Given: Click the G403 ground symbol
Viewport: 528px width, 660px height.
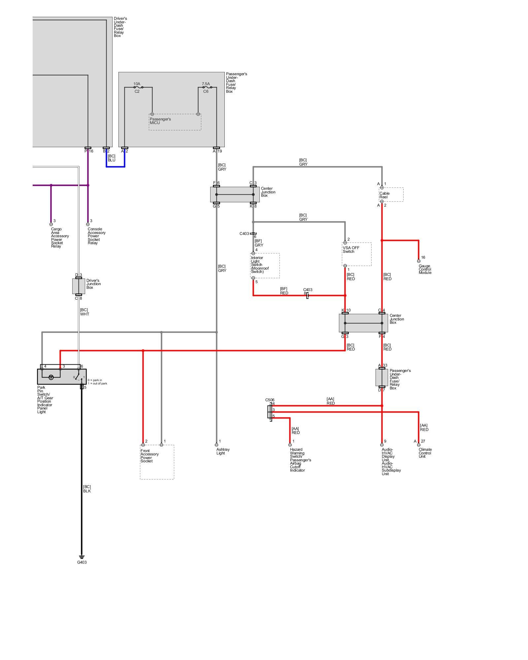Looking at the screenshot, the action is click(x=82, y=557).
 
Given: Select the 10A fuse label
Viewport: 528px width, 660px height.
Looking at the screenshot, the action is click(x=137, y=84).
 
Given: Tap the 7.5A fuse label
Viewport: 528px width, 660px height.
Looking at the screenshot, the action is click(x=206, y=84).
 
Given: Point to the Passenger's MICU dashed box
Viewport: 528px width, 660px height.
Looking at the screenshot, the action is click(x=175, y=122).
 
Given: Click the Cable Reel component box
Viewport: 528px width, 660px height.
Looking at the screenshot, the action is click(x=391, y=195).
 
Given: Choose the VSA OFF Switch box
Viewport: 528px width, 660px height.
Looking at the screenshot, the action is click(x=356, y=254).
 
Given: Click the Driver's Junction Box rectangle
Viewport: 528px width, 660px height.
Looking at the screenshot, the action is click(x=79, y=286).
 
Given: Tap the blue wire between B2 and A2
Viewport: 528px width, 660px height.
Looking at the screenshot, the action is click(x=115, y=167).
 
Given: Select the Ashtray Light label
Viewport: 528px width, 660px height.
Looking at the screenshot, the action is click(x=223, y=451).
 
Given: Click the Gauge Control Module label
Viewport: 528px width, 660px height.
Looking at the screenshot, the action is click(x=425, y=269).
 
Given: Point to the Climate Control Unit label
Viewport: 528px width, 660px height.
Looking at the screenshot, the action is click(x=425, y=453).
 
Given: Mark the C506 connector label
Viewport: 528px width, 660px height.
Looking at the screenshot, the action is click(x=270, y=400).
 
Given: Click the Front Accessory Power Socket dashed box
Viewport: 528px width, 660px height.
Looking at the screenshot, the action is click(x=157, y=462).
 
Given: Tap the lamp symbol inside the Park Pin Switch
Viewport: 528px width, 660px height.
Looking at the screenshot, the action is click(x=51, y=377).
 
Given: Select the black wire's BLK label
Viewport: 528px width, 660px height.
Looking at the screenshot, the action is click(x=87, y=491).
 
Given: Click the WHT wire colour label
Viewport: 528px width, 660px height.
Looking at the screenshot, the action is click(x=84, y=314).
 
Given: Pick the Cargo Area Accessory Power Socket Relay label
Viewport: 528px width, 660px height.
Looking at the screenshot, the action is click(x=60, y=238).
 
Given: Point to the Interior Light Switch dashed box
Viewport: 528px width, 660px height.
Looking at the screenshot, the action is click(x=265, y=265).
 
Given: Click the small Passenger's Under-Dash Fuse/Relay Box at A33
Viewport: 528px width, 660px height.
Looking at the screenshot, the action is click(x=382, y=378).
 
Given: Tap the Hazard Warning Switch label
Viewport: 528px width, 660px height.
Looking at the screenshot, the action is click(x=300, y=460).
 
